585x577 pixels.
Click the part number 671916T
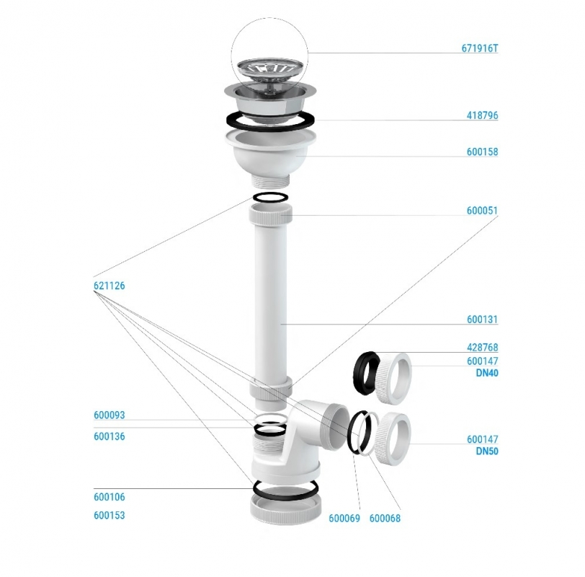pos(480,48)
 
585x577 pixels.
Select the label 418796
pos(483,115)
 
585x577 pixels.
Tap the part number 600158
pos(483,152)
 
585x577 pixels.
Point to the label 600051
pos(483,211)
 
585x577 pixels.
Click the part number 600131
pos(483,320)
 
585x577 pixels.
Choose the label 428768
pos(483,348)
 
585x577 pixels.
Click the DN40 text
pos(487,373)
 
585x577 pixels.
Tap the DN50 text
pos(487,452)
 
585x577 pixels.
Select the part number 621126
pos(110,286)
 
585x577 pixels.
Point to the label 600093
pos(110,415)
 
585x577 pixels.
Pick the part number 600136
pos(110,436)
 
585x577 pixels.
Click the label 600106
pos(110,497)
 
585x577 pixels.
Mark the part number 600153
pos(110,516)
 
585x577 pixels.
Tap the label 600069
pos(344,519)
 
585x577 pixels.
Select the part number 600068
pos(385,519)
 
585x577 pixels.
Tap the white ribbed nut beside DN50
pos(393,439)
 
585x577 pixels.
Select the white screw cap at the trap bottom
pos(286,508)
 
